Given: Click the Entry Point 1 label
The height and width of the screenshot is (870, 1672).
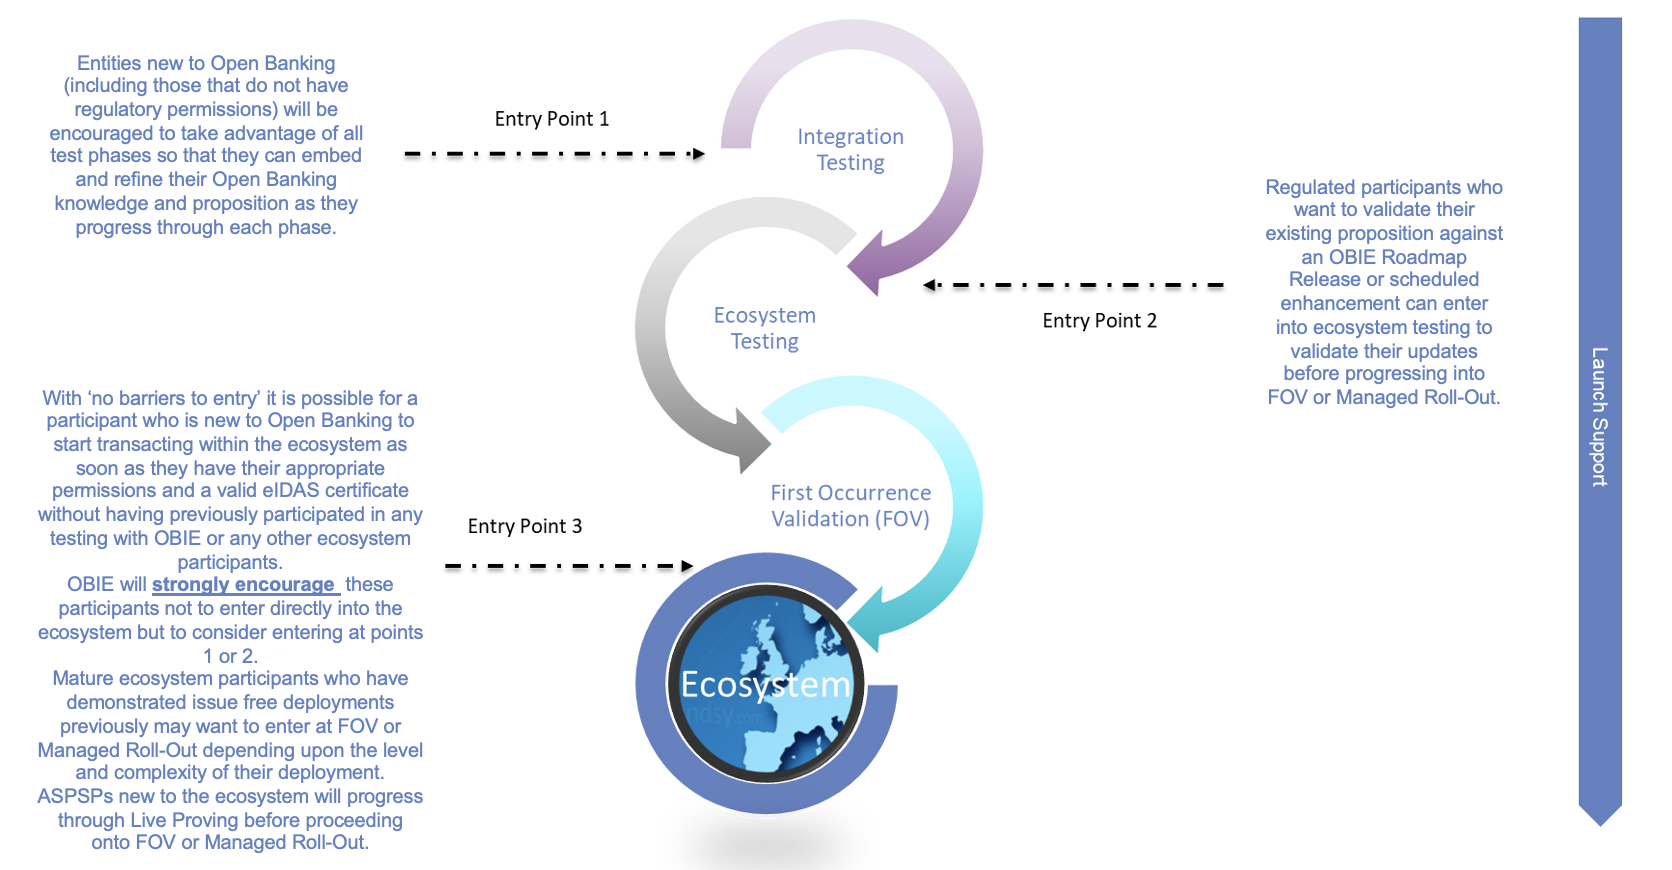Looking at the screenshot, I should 551,119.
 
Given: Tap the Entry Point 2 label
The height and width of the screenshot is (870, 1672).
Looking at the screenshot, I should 1099,321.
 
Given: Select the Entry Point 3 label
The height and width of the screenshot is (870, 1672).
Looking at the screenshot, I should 524,527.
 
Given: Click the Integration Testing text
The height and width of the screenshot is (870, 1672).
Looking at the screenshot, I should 850,150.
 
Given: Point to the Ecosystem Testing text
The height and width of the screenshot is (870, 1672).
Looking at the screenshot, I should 765,328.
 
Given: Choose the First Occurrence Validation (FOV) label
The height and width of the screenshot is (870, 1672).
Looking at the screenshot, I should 850,506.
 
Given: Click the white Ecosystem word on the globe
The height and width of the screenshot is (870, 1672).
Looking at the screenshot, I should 765,685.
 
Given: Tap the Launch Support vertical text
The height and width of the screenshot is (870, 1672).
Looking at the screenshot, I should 1599,416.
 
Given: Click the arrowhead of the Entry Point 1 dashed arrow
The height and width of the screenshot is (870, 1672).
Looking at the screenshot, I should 699,154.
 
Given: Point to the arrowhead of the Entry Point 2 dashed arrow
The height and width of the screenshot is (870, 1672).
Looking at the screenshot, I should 930,285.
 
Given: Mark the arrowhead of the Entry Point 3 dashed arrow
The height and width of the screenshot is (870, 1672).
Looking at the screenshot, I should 687,566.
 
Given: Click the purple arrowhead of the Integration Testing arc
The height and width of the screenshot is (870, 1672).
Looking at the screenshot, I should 866,268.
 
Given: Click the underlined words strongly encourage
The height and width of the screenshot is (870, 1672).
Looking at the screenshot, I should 243,585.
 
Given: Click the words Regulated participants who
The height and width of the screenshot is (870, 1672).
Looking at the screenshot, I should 1383,187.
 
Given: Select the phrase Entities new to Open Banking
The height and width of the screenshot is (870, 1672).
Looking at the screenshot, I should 206,63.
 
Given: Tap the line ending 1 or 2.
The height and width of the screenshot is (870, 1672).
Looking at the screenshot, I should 230,656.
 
